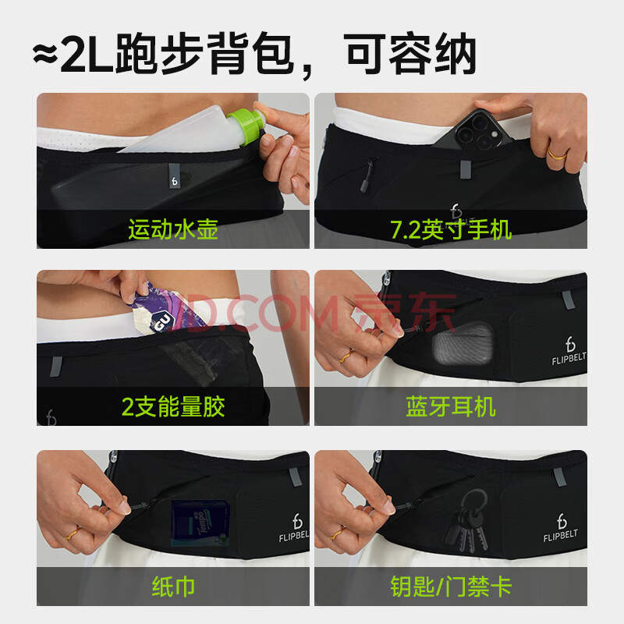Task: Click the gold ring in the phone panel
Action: [x=556, y=154]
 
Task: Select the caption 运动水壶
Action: [x=173, y=229]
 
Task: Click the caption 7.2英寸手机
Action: [x=451, y=229]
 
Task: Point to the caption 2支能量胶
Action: [x=173, y=406]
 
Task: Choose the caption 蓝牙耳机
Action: [x=451, y=406]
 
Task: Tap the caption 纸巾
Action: [x=173, y=587]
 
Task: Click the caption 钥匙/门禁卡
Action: [x=451, y=587]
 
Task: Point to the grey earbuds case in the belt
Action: [x=463, y=343]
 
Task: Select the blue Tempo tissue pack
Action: [x=201, y=523]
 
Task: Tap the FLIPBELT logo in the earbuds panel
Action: [x=569, y=350]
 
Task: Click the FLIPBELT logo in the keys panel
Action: [x=561, y=528]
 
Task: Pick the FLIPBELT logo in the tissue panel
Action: [x=295, y=528]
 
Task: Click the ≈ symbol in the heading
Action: [x=45, y=54]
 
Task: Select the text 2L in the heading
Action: [x=87, y=54]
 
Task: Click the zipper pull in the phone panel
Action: [x=366, y=175]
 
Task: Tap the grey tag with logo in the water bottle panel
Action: [x=174, y=175]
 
